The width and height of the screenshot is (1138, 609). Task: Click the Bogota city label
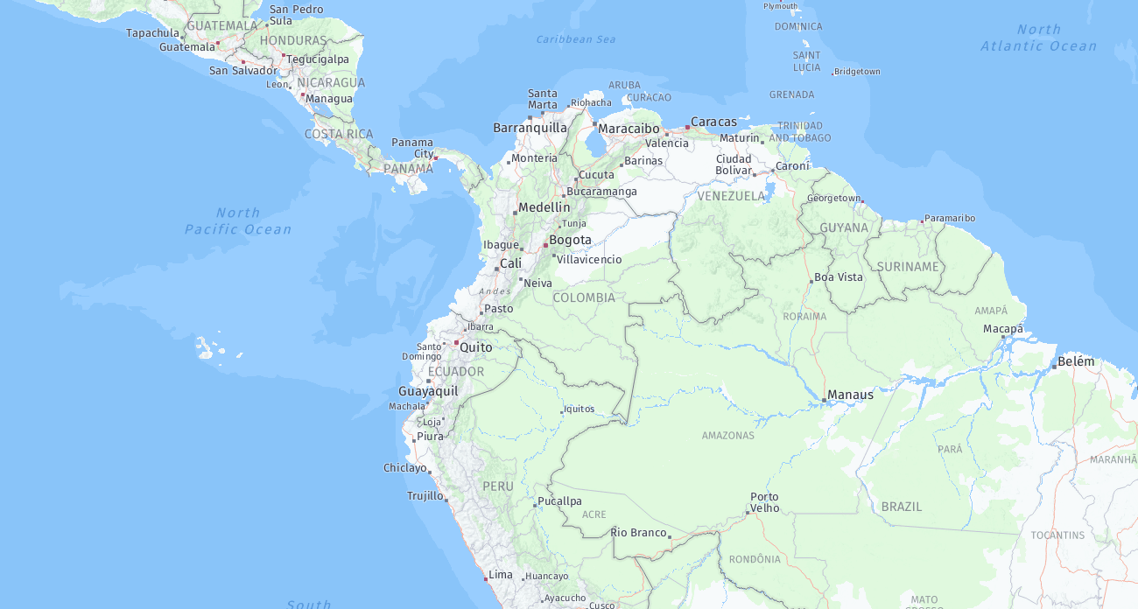point(570,240)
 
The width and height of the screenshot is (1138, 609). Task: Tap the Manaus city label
point(850,395)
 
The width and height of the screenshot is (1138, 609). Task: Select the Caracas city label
point(713,122)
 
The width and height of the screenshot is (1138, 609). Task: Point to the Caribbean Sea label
point(575,39)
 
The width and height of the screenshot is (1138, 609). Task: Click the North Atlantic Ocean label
point(1038,38)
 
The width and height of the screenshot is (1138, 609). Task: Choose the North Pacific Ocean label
point(238,220)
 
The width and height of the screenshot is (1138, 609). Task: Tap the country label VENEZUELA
point(731,196)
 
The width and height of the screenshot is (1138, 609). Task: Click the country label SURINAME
point(908,266)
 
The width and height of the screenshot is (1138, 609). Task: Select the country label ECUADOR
point(455,372)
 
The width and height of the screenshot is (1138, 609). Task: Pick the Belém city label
point(1076,361)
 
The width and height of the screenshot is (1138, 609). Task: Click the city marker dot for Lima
point(486,578)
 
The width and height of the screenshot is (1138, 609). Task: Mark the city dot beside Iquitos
point(562,411)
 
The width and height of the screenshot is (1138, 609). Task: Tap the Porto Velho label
point(764,502)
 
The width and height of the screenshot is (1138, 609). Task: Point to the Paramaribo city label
point(950,218)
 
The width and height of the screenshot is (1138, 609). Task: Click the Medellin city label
point(544,207)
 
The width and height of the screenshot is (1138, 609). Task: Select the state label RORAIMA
point(804,316)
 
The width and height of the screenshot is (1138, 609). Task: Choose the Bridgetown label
point(857,72)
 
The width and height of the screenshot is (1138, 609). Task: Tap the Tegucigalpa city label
point(318,59)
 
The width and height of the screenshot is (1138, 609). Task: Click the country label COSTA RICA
point(339,134)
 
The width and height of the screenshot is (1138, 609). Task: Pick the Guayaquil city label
point(428,391)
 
